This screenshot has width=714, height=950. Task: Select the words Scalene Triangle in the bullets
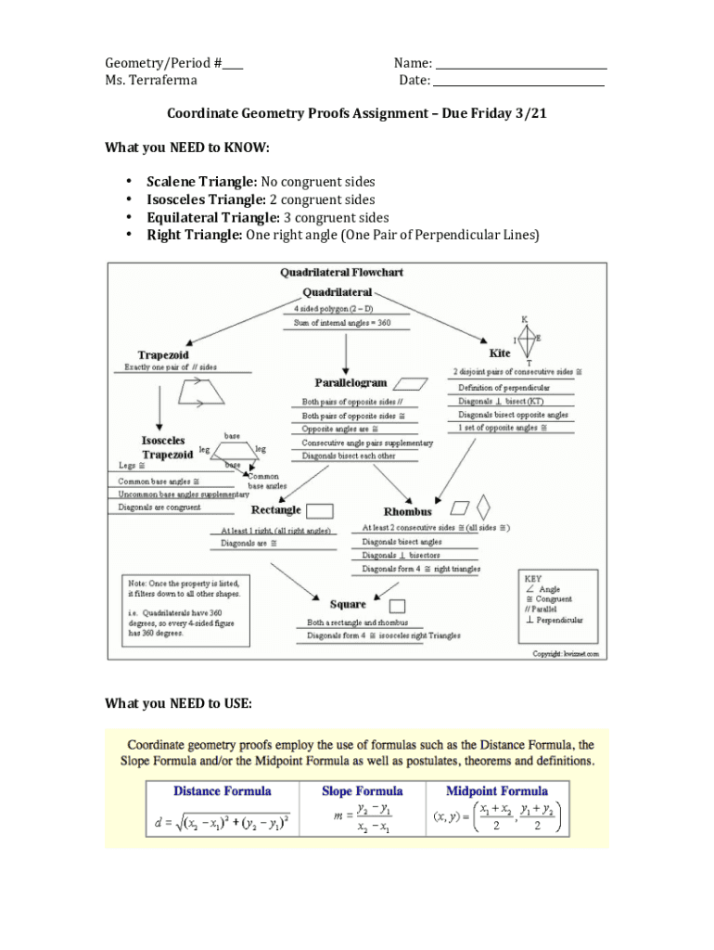click(x=201, y=182)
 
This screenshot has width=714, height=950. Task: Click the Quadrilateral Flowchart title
click(x=341, y=273)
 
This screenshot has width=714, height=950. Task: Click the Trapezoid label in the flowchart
click(x=164, y=354)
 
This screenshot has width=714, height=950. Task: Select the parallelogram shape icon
click(x=410, y=382)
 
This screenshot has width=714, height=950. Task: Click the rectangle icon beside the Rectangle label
click(x=320, y=509)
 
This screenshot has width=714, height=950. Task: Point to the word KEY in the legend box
click(x=533, y=578)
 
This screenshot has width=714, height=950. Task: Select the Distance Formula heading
click(x=223, y=791)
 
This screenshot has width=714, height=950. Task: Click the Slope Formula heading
click(x=363, y=791)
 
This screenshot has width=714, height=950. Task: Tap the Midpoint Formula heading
click(x=497, y=791)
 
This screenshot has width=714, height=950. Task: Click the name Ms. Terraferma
click(x=151, y=82)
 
